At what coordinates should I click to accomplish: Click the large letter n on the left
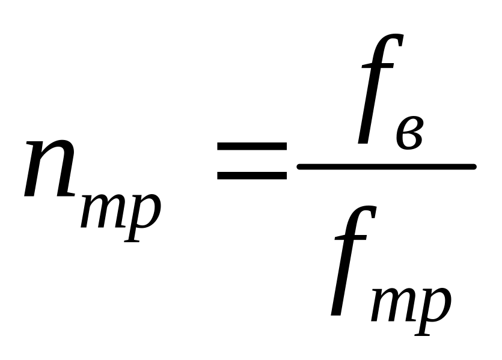click(x=50, y=168)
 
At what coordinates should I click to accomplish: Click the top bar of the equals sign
click(x=252, y=146)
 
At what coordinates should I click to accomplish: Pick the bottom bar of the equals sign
click(x=252, y=175)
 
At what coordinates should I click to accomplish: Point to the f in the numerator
click(x=380, y=88)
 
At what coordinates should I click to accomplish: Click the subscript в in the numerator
click(x=409, y=132)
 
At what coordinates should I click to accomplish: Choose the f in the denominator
click(x=353, y=261)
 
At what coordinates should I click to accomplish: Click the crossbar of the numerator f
click(x=378, y=66)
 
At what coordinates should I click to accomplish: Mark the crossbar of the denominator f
click(x=350, y=238)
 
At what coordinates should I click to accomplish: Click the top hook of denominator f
click(x=367, y=210)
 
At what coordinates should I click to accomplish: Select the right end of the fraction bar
click(x=474, y=166)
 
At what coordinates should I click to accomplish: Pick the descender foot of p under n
click(x=132, y=240)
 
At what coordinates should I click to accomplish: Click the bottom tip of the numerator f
click(x=363, y=142)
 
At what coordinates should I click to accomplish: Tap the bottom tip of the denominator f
click(x=335, y=314)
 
